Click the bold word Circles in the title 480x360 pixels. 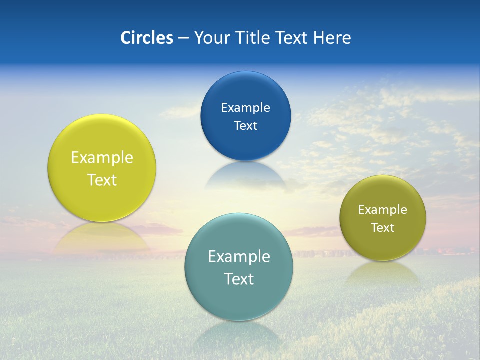tap(146, 38)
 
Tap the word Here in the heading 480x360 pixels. tap(332, 38)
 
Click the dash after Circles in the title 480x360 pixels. tap(183, 38)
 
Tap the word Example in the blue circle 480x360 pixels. tap(245, 107)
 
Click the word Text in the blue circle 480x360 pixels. tap(245, 125)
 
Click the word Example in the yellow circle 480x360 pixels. tap(102, 158)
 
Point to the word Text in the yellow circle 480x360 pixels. tap(102, 180)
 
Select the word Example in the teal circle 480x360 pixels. tap(239, 257)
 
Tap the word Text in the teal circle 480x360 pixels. tap(239, 279)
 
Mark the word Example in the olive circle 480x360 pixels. tap(383, 210)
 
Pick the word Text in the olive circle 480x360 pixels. tap(383, 228)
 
